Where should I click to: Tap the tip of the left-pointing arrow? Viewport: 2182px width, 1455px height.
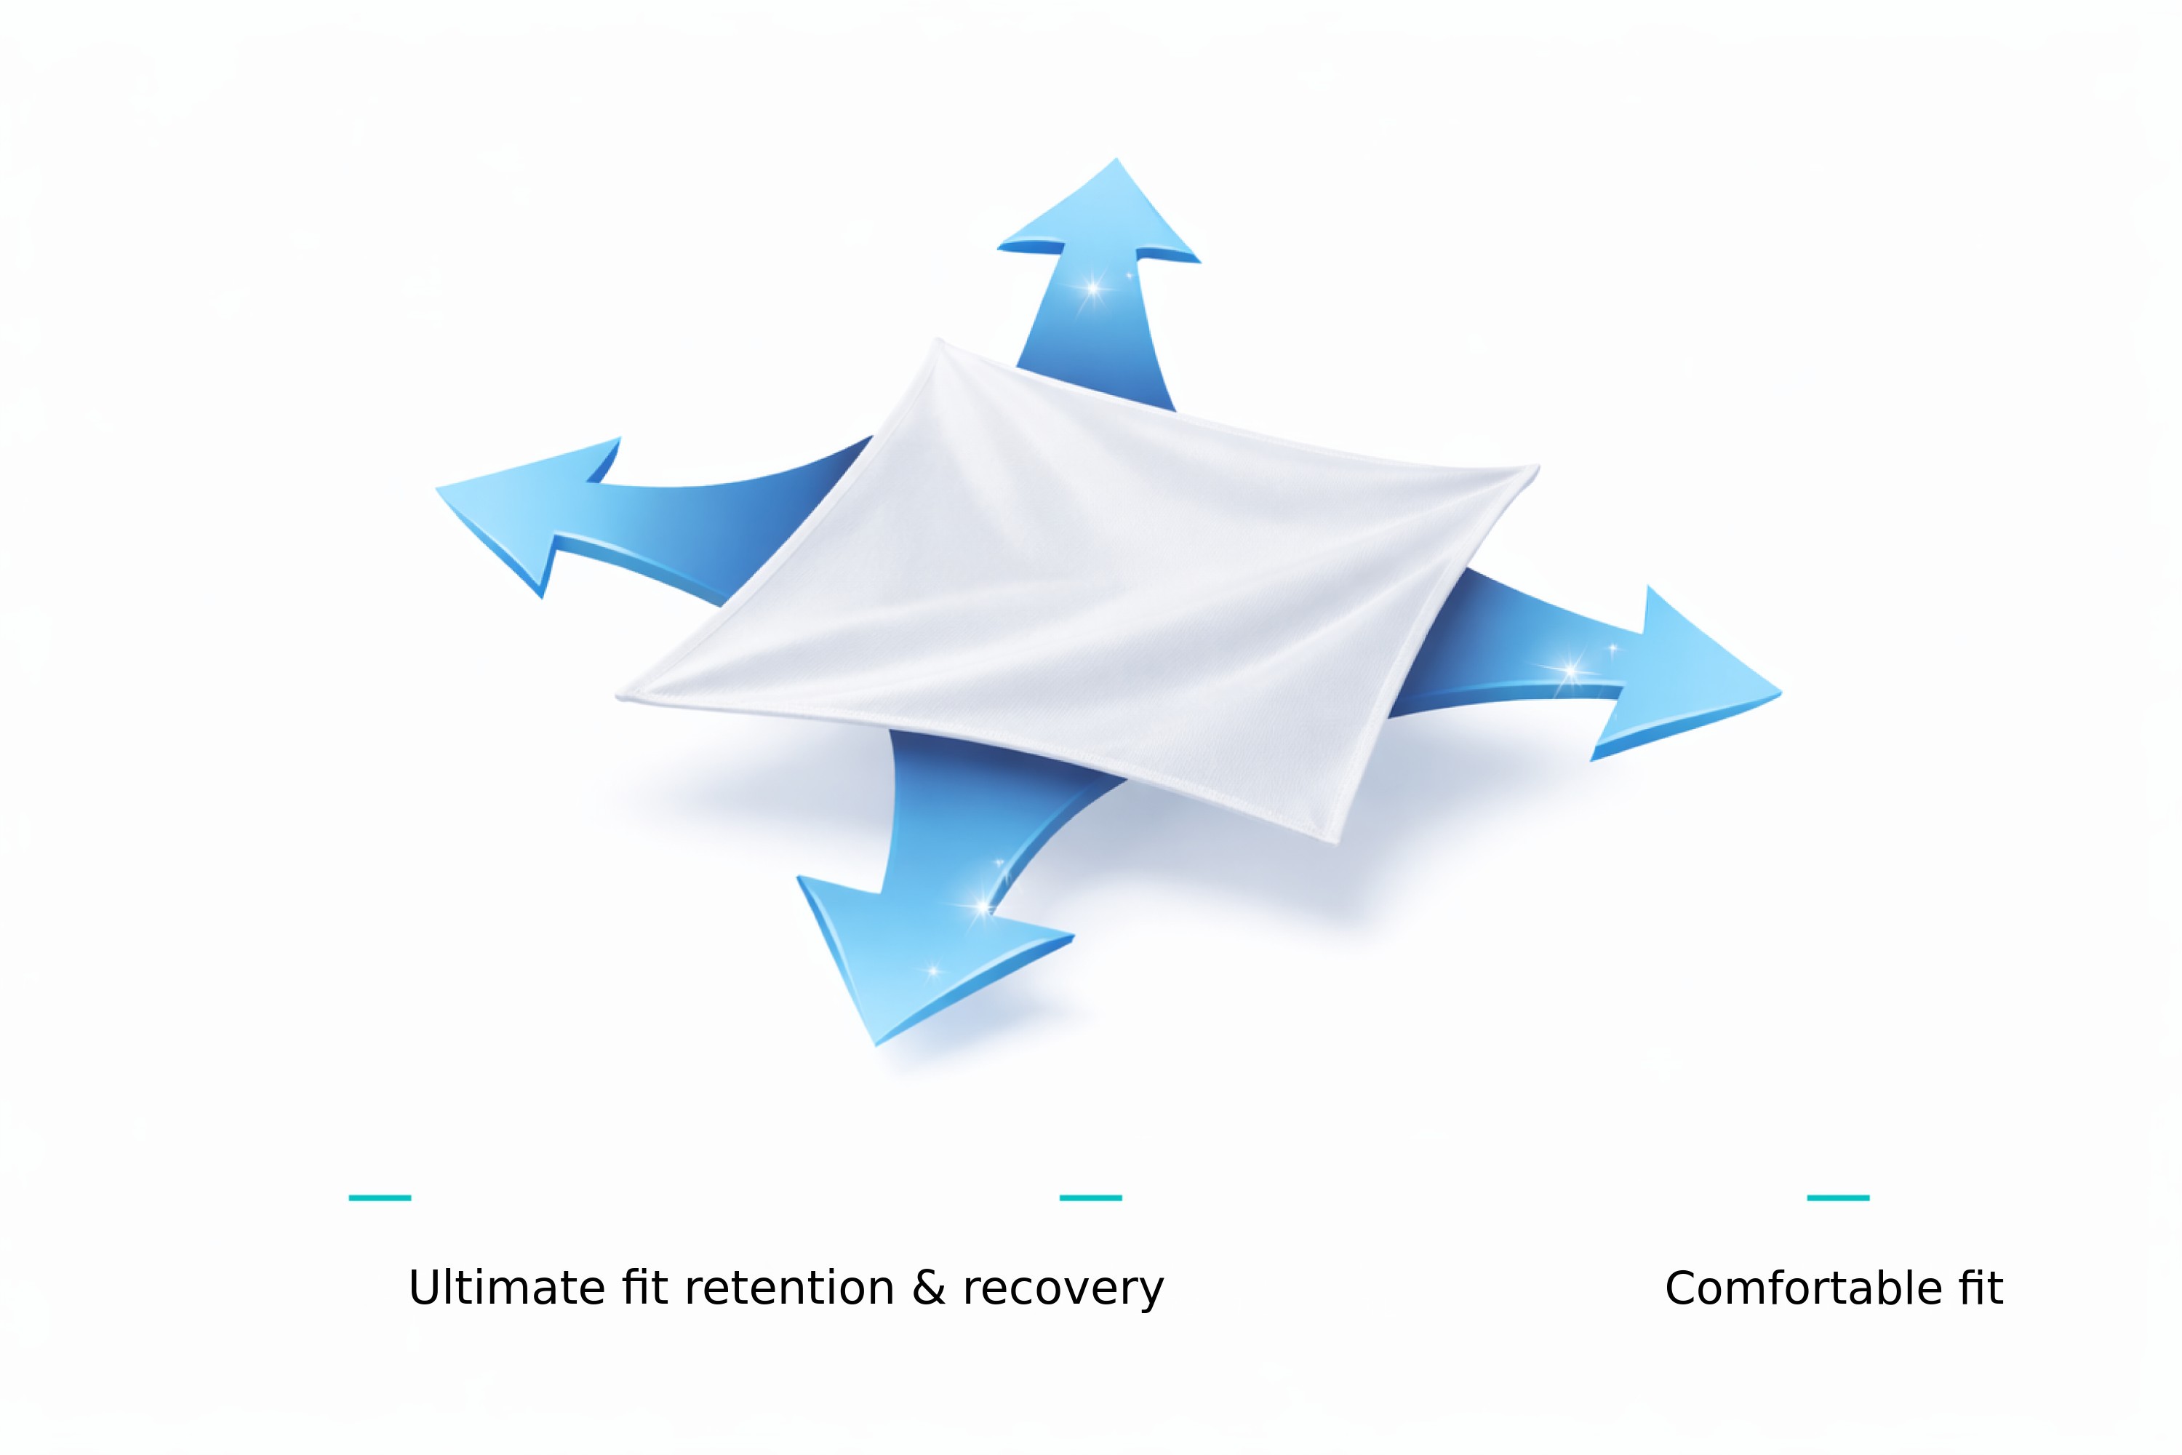point(438,488)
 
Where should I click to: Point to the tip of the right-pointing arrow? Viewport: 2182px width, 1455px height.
point(1779,693)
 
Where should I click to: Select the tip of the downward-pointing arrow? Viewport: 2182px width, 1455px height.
point(876,1044)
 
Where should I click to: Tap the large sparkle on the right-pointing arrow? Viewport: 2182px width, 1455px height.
point(1570,669)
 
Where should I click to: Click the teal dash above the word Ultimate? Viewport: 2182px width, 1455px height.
point(380,1198)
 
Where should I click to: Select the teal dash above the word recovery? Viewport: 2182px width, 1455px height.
point(1090,1198)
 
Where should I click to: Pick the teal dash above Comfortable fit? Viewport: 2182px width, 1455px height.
point(1838,1198)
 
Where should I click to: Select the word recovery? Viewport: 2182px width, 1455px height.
point(1063,1290)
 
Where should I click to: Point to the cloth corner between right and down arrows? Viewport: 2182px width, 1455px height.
point(1334,840)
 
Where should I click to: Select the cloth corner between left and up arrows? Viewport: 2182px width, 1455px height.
point(939,341)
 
